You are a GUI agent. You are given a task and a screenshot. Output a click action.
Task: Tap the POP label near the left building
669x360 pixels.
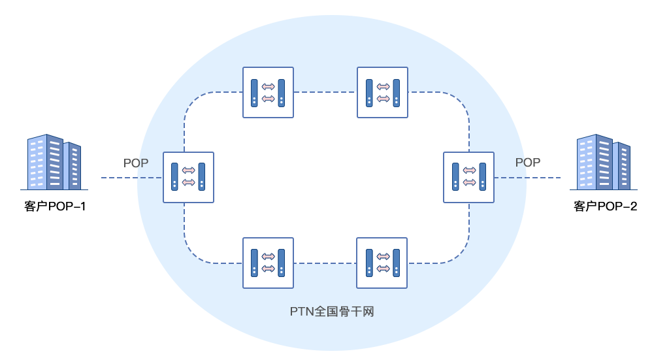coord(136,163)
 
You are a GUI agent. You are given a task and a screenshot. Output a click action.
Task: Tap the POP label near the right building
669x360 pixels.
coord(527,163)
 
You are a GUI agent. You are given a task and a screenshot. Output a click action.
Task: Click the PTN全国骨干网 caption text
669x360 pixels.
coord(331,312)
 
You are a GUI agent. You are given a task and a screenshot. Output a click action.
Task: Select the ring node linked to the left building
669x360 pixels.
coord(188,177)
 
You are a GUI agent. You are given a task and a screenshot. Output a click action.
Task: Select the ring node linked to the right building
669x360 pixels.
coord(468,177)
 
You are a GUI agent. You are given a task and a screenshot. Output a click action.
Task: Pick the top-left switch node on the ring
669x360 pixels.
coord(268,92)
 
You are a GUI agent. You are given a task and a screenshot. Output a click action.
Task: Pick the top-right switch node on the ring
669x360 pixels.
coord(382,92)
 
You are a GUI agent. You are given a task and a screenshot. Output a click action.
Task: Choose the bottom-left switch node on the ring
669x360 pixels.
coord(268,263)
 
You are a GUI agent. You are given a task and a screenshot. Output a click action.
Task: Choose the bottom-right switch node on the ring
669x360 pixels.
coord(382,263)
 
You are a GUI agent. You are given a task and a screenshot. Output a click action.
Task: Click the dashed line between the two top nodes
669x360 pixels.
coord(325,92)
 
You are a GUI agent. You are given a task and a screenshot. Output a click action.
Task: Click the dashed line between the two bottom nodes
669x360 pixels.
coord(325,263)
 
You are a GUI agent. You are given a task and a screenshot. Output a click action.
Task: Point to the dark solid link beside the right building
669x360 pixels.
coord(540,177)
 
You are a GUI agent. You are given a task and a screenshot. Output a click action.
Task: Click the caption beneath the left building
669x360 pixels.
coord(55,207)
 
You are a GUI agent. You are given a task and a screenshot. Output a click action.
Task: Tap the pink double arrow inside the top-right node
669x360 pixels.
coord(383,99)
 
